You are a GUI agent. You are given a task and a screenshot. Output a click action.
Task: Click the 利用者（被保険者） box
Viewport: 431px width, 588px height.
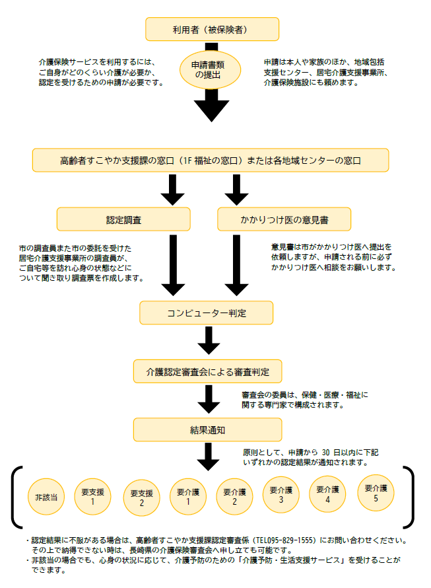(212, 29)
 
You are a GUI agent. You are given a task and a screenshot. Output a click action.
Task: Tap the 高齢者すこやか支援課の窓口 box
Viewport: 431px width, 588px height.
(210, 160)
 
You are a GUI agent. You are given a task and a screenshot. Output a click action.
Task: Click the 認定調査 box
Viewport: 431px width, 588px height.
(123, 219)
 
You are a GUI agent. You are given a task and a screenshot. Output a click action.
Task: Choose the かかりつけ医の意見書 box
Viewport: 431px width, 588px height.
(283, 219)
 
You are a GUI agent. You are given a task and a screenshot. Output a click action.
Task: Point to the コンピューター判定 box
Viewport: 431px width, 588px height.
(207, 312)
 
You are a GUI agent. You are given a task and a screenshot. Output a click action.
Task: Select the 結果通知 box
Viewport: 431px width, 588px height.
(207, 429)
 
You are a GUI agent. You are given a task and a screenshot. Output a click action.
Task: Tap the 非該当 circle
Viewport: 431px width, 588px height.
(46, 497)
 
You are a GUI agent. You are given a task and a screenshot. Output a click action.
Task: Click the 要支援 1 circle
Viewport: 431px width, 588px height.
(93, 496)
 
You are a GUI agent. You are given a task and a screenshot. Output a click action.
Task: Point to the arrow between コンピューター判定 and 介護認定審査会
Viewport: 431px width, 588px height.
(209, 341)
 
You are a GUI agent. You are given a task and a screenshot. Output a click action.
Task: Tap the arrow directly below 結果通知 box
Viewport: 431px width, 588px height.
(209, 457)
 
